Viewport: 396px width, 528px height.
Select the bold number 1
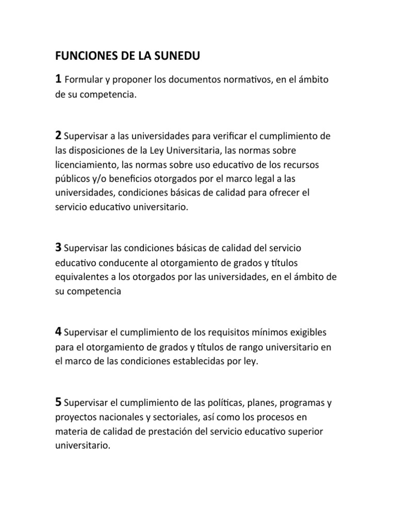point(58,79)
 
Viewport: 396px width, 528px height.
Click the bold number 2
point(58,136)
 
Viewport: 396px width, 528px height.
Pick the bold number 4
point(58,331)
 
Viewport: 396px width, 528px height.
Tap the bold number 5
point(58,402)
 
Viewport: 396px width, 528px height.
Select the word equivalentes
point(81,277)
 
